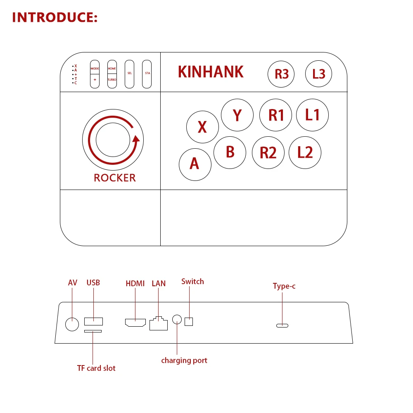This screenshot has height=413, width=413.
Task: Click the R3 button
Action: pos(282,74)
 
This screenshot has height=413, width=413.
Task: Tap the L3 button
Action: pos(319,74)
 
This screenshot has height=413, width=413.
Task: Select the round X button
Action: pos(202,127)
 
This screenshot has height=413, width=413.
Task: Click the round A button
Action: pos(195,164)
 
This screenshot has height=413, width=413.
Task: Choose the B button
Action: pos(230,152)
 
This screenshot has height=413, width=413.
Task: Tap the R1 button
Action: pos(276,115)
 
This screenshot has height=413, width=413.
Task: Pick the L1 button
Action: pos(313,114)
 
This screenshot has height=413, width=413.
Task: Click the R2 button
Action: pos(268,152)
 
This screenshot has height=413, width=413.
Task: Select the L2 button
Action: pos(305,152)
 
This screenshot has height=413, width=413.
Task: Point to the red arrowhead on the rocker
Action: pos(136,138)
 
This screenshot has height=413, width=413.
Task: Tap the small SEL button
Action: pos(130,74)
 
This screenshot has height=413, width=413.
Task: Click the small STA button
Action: pos(147,74)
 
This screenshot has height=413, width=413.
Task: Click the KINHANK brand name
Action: pos(211,72)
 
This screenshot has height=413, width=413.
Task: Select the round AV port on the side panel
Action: pos(72,324)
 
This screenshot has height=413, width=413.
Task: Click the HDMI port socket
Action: pos(135,323)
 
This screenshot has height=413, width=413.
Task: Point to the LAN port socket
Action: pos(158,323)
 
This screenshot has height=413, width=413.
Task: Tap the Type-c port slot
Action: pos(282,325)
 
